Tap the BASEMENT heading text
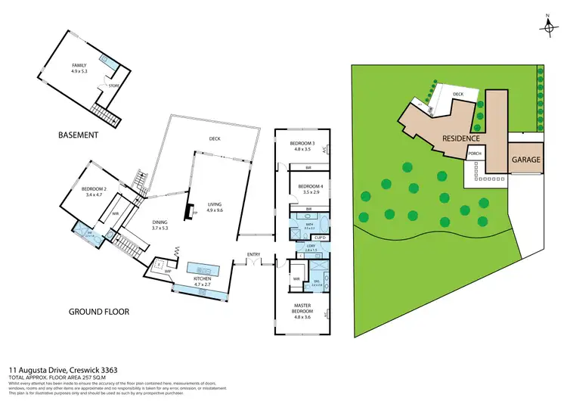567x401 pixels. tap(78, 135)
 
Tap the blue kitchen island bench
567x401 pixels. tap(203, 269)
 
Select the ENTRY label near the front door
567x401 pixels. tap(253, 254)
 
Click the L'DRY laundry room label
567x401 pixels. tap(311, 245)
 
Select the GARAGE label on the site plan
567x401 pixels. tap(525, 160)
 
